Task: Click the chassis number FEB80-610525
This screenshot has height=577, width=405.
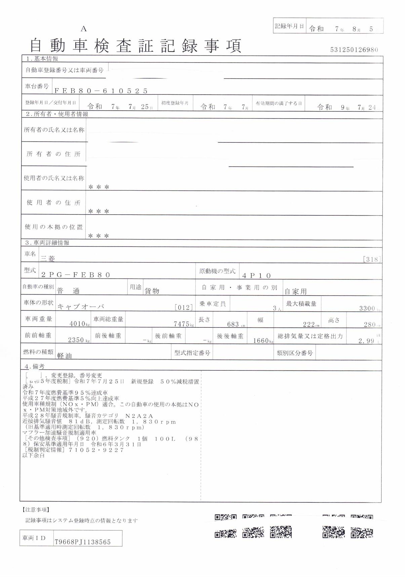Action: pos(101,91)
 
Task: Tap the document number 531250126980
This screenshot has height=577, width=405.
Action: pos(354,50)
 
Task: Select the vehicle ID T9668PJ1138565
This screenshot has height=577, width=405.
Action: pos(82,542)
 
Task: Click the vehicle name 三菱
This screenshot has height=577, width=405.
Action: pos(47,258)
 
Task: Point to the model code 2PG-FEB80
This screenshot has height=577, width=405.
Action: pos(76,275)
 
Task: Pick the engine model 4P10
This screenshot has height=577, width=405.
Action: pos(256,276)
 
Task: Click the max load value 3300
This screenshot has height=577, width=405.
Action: pos(367,308)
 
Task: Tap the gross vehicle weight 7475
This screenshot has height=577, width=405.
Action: pos(181,324)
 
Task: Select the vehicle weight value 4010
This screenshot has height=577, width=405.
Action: pos(77,324)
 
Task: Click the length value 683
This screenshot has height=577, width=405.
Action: pos(233,324)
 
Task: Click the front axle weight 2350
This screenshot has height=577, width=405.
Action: pos(76,340)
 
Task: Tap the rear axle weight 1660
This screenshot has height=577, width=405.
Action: pos(260,341)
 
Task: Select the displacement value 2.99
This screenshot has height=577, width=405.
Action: pos(366,341)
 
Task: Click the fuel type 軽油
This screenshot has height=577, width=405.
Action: pos(64,356)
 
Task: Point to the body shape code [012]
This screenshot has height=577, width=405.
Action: pos(184,307)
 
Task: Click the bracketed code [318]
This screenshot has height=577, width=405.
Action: pos(372,259)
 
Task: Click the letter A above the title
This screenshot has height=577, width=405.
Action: pos(83,29)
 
